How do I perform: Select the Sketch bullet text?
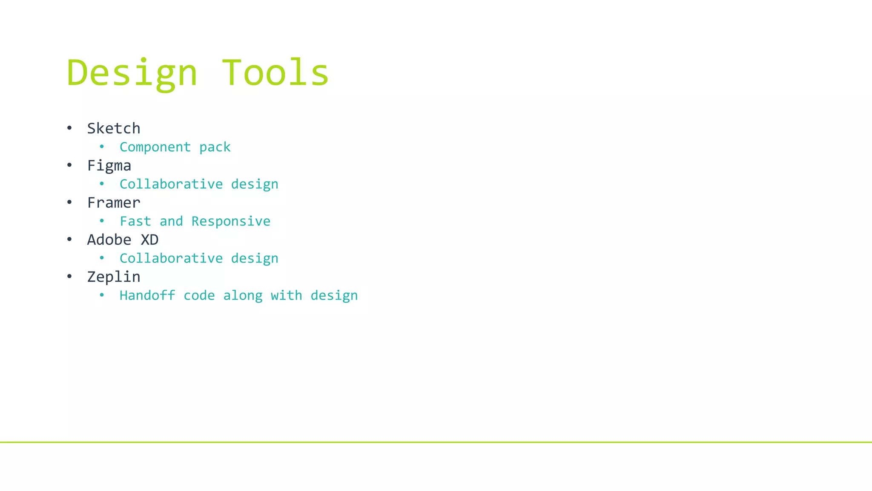pos(114,128)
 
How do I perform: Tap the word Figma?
pos(109,166)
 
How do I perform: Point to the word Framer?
pos(114,202)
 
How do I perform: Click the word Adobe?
pos(109,240)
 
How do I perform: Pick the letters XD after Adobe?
pos(150,240)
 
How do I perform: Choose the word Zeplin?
pos(114,277)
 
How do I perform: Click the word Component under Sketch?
pos(155,147)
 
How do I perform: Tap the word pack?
pos(215,147)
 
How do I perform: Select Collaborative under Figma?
pos(171,184)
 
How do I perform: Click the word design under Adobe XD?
pos(255,258)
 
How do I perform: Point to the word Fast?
pos(135,221)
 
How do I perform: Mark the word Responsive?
pos(231,221)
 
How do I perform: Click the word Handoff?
pos(147,295)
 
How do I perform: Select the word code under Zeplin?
pos(199,295)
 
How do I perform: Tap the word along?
pos(243,295)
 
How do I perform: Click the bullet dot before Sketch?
pos(69,128)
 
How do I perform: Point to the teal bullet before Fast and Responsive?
pos(102,221)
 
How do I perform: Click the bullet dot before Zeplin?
pos(69,277)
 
